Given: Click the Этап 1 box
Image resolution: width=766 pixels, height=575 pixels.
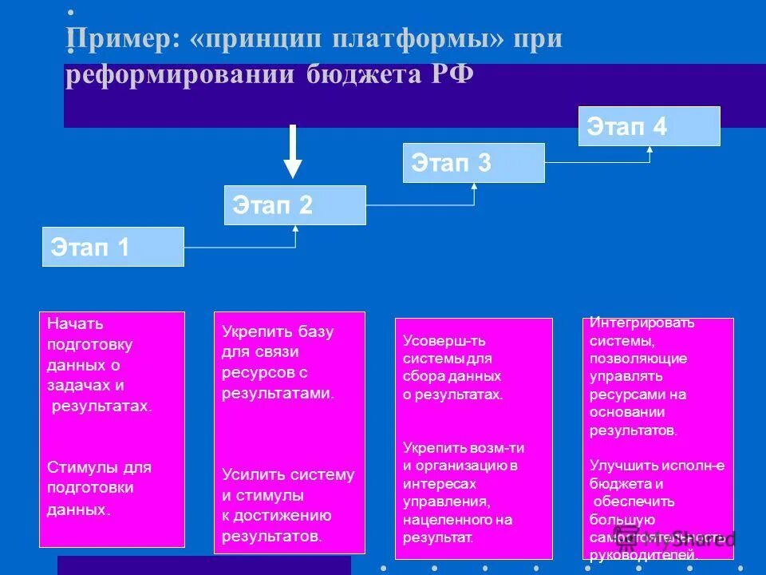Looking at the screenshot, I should click(113, 247).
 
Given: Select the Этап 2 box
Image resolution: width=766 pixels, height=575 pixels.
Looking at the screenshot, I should click(294, 205).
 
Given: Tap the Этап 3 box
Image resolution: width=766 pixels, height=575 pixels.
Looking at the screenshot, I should click(473, 163).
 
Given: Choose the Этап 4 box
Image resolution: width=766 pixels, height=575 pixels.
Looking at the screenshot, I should click(649, 126).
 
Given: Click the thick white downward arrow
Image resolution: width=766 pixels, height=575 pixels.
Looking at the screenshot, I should click(293, 152).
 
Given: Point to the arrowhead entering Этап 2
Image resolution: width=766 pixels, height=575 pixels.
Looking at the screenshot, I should click(296, 229).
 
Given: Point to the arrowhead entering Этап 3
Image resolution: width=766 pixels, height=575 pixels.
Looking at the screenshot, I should click(474, 187).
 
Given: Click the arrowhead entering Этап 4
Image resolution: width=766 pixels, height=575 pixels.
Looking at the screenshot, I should click(650, 149).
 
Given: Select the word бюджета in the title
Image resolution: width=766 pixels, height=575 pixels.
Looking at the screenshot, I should click(363, 74).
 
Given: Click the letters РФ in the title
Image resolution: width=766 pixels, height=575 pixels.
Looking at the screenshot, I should click(453, 74).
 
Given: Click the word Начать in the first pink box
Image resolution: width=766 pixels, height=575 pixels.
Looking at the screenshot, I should click(75, 324).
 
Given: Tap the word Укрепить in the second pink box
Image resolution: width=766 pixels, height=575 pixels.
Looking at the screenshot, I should click(251, 331).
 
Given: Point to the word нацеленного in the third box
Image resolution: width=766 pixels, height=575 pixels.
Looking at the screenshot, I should click(439, 520).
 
